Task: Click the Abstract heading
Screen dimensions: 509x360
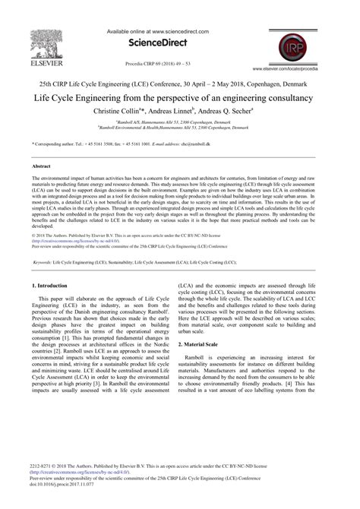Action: [43, 165]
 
